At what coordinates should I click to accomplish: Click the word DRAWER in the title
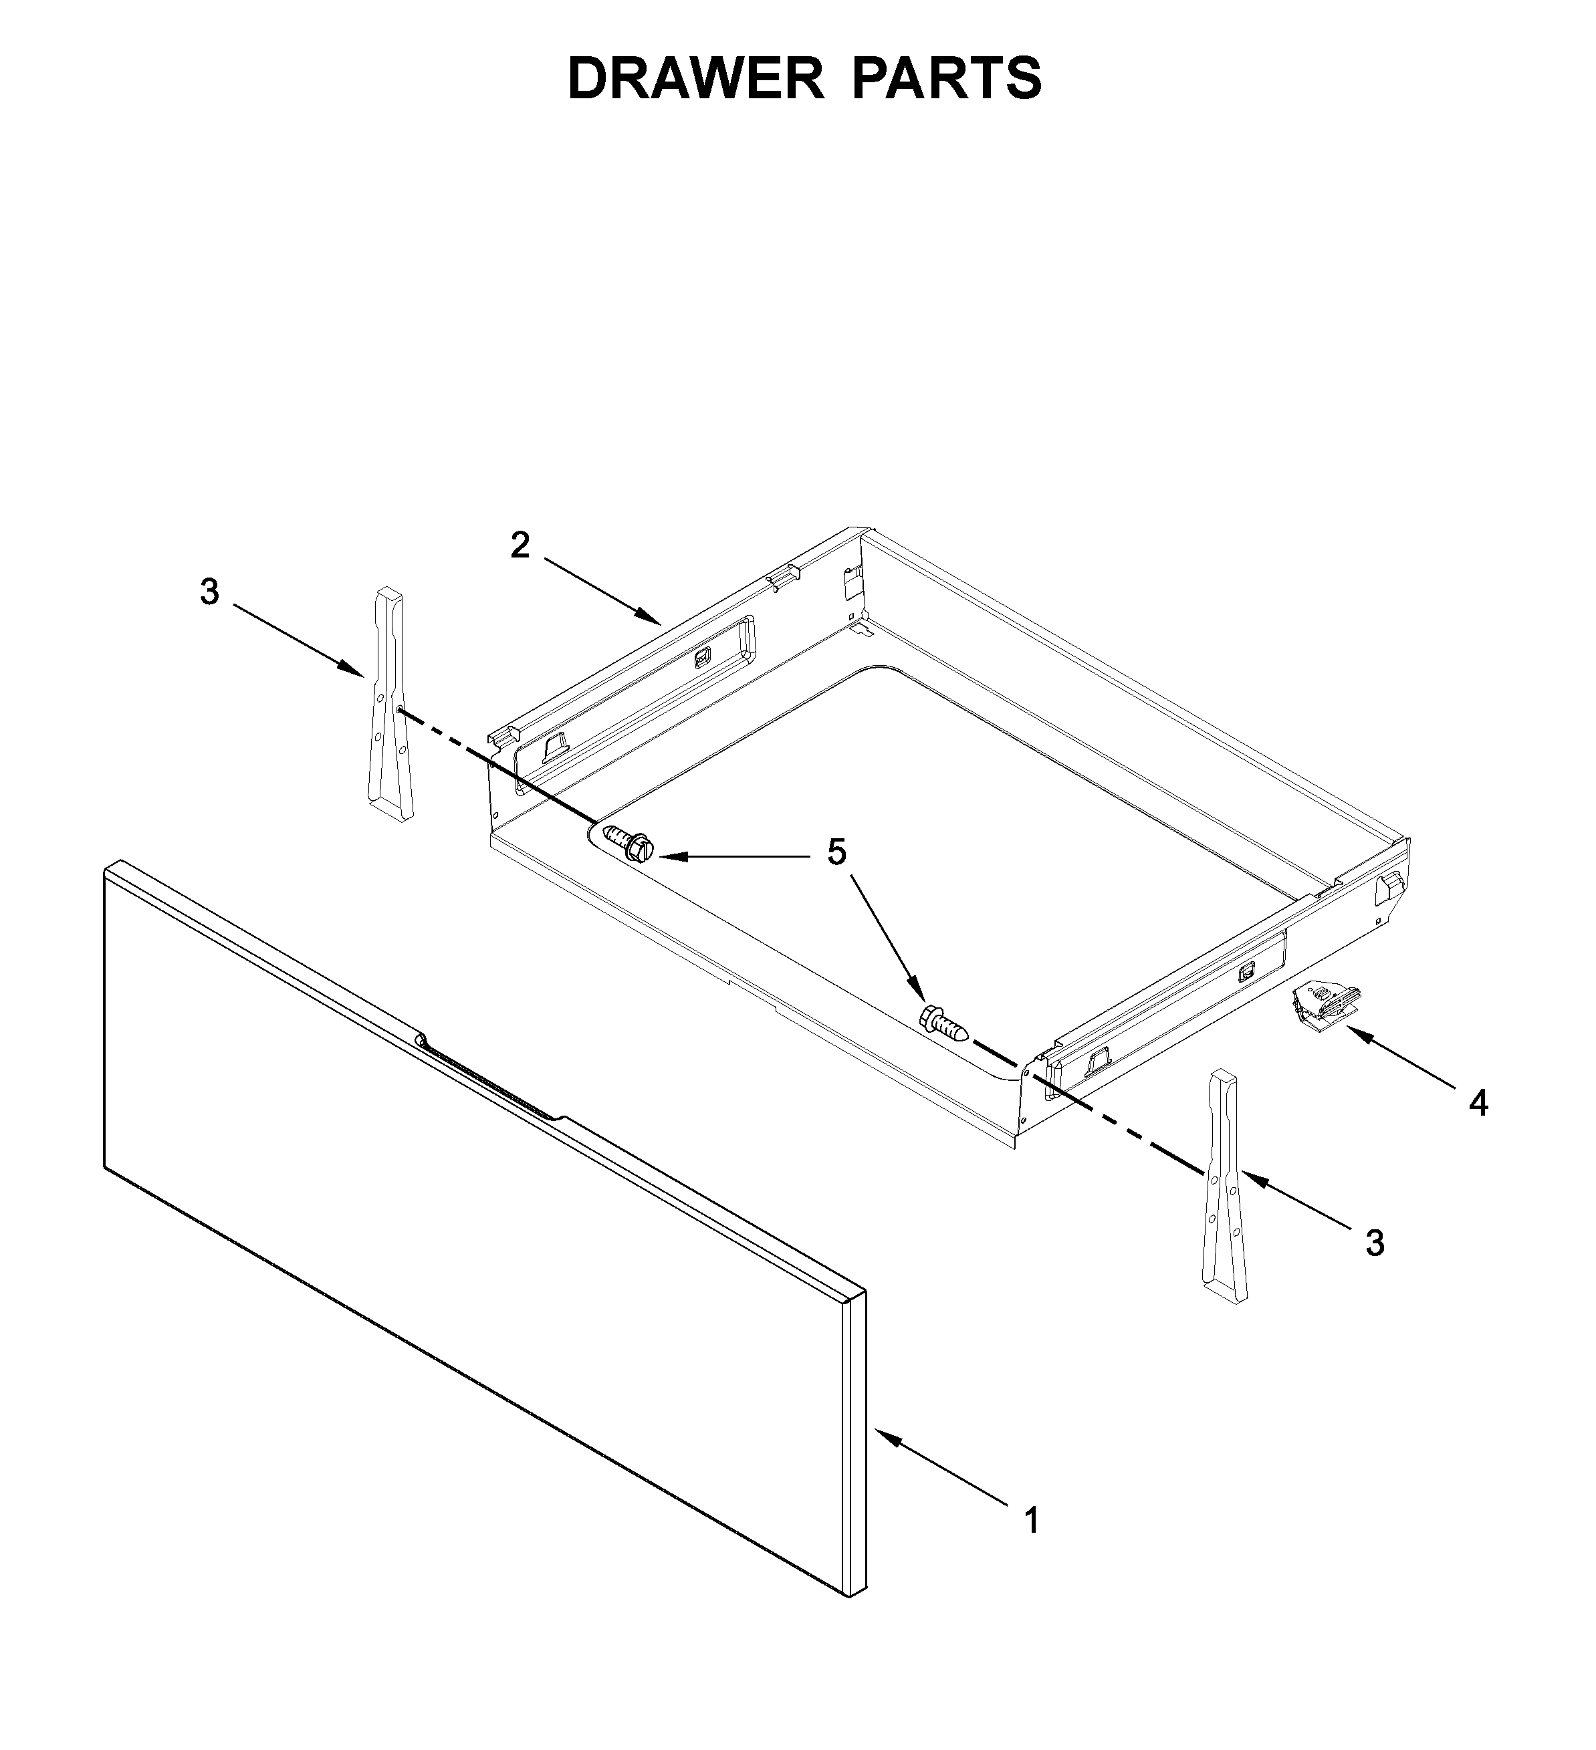(694, 78)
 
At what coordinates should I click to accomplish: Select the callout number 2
(520, 545)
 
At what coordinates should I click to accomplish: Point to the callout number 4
(1478, 1104)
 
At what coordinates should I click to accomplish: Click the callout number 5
(835, 852)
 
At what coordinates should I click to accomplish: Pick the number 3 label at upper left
(209, 592)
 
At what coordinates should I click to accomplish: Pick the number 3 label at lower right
(1374, 1243)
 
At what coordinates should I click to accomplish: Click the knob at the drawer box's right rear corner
(1390, 886)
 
